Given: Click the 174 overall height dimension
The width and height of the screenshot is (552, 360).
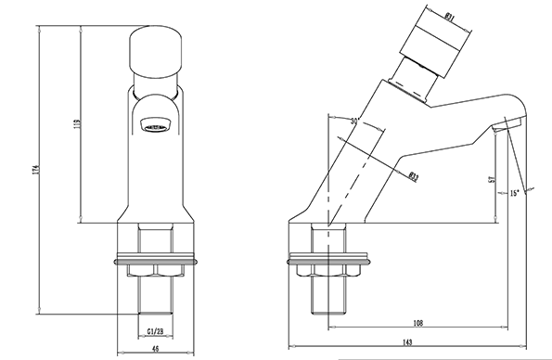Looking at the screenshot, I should tap(34, 173).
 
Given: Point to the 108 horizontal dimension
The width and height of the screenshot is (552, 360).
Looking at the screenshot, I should tap(417, 325).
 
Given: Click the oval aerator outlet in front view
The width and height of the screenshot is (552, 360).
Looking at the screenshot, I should tap(155, 122).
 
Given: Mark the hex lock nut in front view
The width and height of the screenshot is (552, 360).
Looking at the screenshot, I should tap(155, 270).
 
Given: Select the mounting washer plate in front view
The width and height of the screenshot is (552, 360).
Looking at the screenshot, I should tap(155, 257).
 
